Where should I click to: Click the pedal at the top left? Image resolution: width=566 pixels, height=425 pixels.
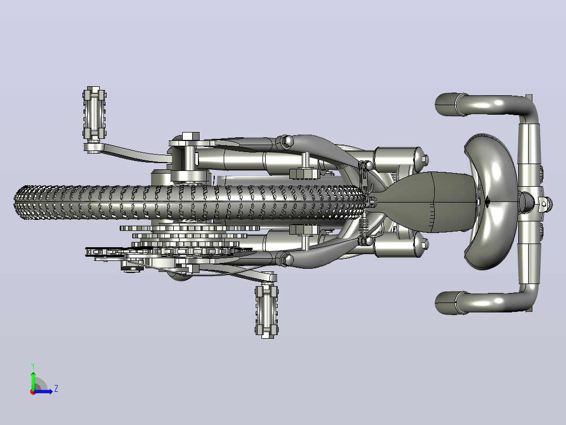[94, 113]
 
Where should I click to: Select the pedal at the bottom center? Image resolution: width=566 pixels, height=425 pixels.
[267, 311]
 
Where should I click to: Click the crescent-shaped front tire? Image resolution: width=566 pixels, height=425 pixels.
[489, 202]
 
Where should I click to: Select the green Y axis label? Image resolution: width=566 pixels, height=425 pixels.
[33, 366]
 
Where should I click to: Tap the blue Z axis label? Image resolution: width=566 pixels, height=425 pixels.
[56, 389]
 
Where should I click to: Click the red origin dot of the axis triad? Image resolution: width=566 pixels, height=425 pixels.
[33, 392]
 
